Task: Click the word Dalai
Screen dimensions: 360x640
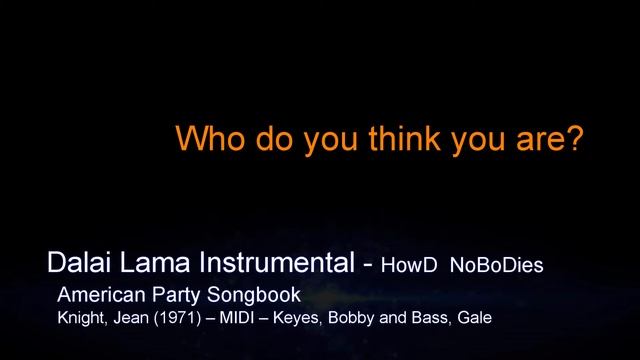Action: click(75, 265)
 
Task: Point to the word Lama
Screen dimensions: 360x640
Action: click(148, 265)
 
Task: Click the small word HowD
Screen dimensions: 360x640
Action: click(409, 268)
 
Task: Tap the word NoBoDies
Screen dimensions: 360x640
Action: click(496, 268)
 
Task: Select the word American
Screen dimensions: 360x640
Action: click(100, 297)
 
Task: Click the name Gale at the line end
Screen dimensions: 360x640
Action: click(477, 320)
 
